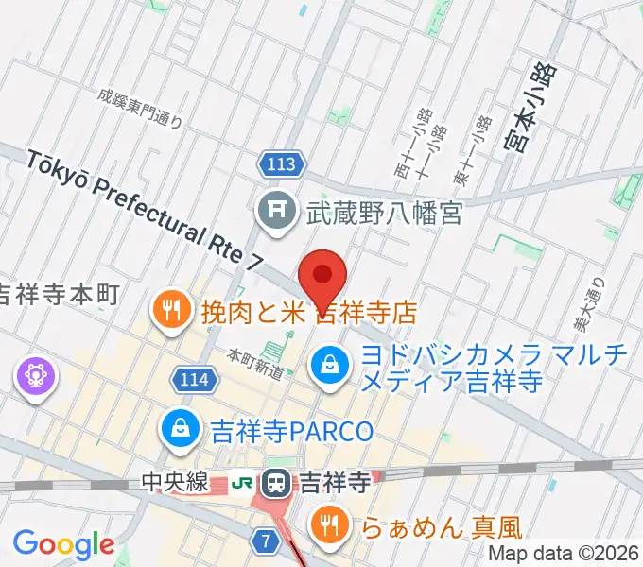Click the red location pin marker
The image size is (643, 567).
point(322,275)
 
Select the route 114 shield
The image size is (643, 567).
point(192,380)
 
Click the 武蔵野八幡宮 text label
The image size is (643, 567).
point(383,215)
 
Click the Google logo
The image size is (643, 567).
point(62,544)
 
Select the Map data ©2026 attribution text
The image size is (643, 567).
point(564,556)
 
